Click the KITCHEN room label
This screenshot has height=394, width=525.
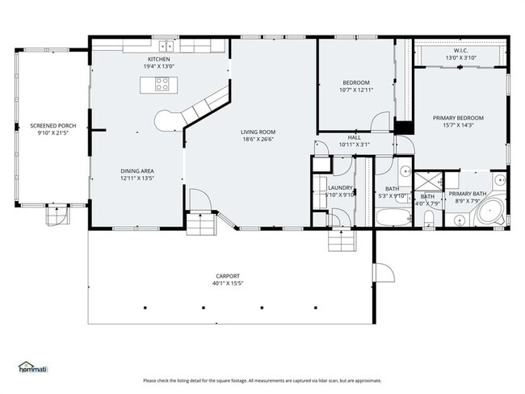(x=158, y=58)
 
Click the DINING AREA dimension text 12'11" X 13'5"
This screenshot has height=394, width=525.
(x=137, y=178)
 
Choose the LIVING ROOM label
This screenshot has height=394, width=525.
(x=258, y=132)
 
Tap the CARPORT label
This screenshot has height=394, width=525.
(x=227, y=276)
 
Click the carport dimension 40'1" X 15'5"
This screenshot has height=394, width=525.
(x=227, y=283)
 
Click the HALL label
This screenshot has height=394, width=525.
(x=354, y=137)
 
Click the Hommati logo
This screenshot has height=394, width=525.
(x=33, y=368)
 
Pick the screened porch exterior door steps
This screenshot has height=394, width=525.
(x=57, y=214)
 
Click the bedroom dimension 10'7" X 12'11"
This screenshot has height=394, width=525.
(x=355, y=90)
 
